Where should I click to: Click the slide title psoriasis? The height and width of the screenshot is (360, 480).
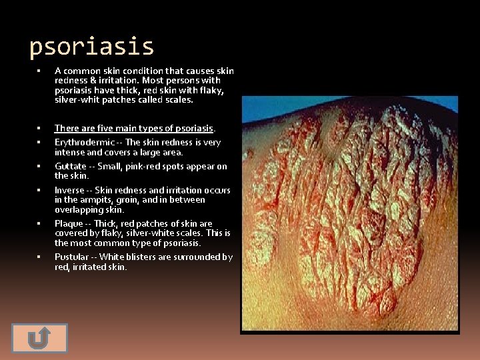[92, 47]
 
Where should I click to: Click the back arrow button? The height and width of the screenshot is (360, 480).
[40, 338]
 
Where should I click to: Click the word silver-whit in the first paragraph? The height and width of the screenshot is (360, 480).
[77, 100]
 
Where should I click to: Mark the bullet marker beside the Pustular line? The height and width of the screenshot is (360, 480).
[39, 257]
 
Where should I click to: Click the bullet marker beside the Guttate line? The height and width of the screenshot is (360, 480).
[39, 166]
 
